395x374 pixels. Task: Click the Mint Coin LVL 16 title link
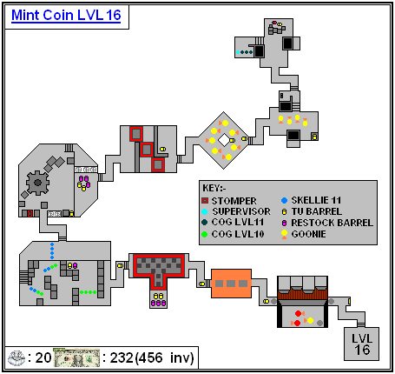click(x=66, y=16)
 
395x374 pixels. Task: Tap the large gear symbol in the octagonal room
click(x=37, y=183)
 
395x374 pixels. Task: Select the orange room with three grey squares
click(x=231, y=284)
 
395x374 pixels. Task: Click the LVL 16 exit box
click(x=362, y=344)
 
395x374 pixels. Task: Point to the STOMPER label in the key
click(x=234, y=201)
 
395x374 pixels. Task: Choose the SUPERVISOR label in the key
click(x=241, y=211)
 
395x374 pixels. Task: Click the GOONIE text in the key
click(x=308, y=234)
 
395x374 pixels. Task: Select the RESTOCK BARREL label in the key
click(x=332, y=223)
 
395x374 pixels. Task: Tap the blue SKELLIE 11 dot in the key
click(x=284, y=200)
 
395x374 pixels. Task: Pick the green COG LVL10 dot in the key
click(x=205, y=234)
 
